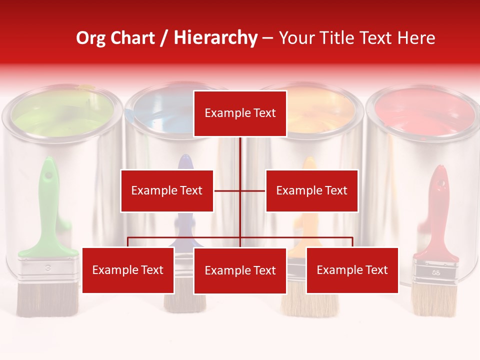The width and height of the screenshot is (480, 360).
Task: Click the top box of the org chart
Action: click(x=240, y=113)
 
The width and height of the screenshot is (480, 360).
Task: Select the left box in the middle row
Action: click(x=167, y=190)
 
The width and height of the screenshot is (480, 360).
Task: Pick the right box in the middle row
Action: click(x=311, y=190)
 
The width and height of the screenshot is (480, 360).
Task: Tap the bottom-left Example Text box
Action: click(x=128, y=270)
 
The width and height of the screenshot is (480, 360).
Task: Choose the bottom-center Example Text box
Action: click(x=240, y=271)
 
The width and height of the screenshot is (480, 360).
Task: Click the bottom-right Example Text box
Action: click(x=352, y=270)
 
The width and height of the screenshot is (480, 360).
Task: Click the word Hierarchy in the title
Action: click(x=215, y=38)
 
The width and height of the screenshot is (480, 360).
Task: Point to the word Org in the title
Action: click(x=90, y=38)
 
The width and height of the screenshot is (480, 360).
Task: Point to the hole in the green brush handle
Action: click(x=48, y=176)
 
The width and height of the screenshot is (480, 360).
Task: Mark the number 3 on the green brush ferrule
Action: click(x=48, y=268)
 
